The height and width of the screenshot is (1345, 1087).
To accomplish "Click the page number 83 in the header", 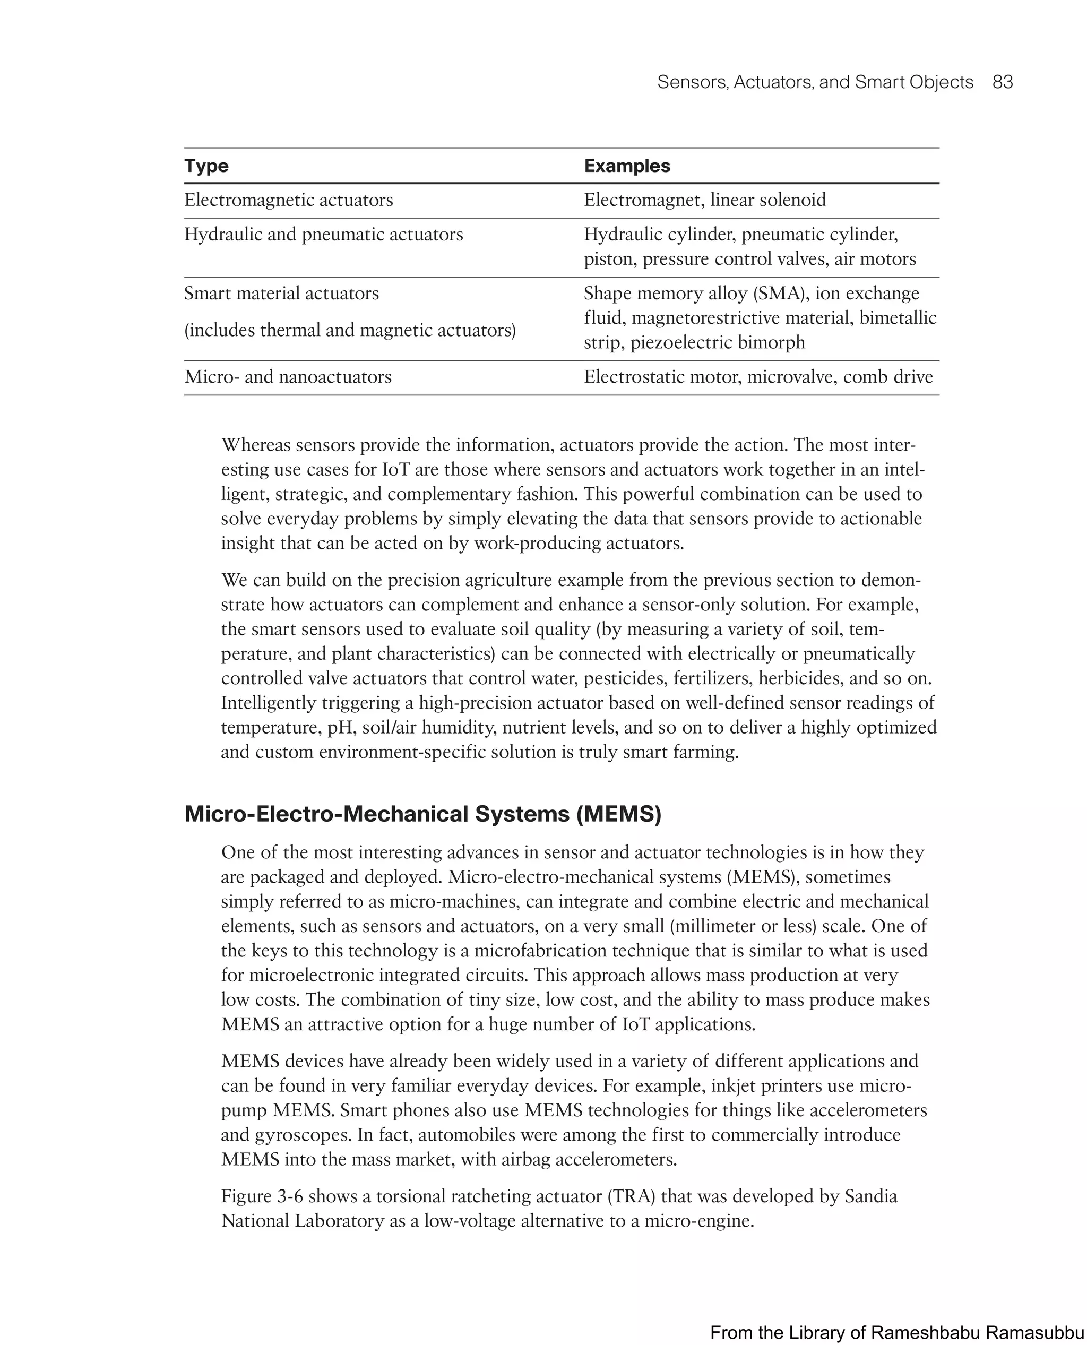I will tap(1002, 82).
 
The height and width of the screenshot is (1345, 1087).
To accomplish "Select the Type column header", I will tap(206, 166).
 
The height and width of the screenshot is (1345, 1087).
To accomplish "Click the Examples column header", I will tap(627, 166).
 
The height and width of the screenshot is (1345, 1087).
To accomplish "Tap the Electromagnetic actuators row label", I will tap(288, 200).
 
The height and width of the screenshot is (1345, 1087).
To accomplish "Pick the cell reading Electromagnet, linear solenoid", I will tap(704, 200).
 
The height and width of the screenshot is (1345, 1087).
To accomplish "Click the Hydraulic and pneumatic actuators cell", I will tap(323, 234).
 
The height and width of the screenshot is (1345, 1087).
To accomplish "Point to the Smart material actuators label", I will tap(281, 293).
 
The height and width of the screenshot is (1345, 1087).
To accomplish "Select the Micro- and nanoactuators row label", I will tap(287, 376).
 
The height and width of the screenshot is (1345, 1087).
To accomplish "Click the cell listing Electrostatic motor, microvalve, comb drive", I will tap(757, 376).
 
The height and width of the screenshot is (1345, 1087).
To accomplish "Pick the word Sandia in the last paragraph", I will tap(871, 1196).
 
